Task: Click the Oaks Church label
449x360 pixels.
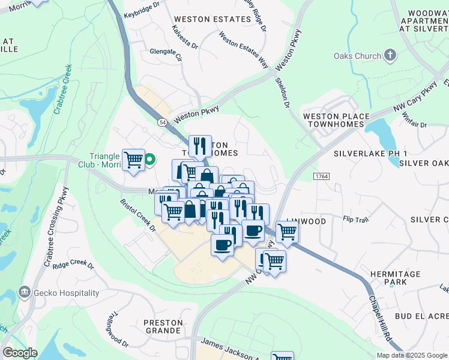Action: click(x=357, y=56)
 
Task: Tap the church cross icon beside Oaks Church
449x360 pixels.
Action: click(x=390, y=56)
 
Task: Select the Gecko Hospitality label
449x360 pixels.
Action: click(x=66, y=293)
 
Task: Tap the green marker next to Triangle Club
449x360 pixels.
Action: click(x=150, y=160)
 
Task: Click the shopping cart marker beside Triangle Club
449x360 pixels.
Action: click(x=133, y=160)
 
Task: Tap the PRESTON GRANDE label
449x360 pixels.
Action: click(x=163, y=326)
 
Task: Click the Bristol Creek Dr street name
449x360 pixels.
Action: click(x=137, y=216)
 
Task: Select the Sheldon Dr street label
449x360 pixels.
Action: click(x=283, y=92)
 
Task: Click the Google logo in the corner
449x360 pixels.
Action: click(x=20, y=353)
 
